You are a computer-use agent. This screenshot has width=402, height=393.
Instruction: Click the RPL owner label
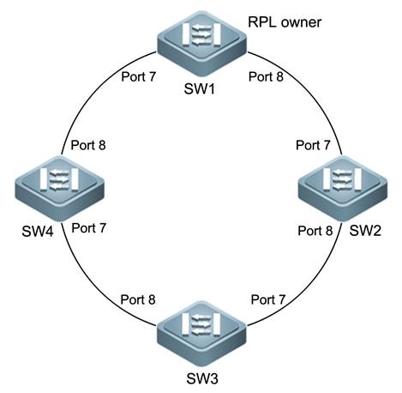[x=285, y=22]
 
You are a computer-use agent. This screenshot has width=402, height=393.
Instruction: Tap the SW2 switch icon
[x=343, y=188]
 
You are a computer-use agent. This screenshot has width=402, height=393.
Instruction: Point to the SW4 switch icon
[x=59, y=188]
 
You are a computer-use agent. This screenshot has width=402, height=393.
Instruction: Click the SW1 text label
[x=199, y=88]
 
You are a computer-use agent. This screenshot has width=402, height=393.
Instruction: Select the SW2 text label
[x=365, y=231]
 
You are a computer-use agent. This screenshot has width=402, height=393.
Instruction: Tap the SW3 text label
[x=202, y=378]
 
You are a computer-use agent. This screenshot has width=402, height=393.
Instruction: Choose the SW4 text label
[x=38, y=232]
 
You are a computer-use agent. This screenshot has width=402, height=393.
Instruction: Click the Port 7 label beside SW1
[x=139, y=76]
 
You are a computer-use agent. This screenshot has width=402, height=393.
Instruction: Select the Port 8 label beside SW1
[x=266, y=76]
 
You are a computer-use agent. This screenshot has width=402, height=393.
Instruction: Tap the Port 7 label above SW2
[x=313, y=145]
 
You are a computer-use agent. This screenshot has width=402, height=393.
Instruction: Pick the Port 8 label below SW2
[x=315, y=231]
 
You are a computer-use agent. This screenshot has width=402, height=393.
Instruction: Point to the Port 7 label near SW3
[x=268, y=299]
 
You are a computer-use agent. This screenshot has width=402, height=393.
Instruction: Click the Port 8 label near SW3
[x=138, y=299]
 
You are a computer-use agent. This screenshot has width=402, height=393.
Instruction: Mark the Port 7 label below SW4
[x=89, y=228]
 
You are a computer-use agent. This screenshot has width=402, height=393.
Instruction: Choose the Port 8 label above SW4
[x=88, y=145]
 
